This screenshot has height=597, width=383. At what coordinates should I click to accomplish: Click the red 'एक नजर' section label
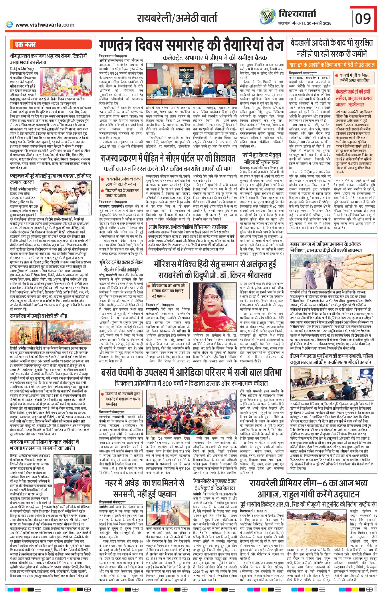[x=26, y=45]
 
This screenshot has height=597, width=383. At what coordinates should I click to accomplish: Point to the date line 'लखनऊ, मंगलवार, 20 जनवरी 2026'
[x=305, y=23]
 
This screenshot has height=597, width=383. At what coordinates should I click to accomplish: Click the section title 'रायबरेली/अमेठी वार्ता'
[x=177, y=18]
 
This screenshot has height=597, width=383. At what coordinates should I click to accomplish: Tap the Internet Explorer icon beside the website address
[x=9, y=25]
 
